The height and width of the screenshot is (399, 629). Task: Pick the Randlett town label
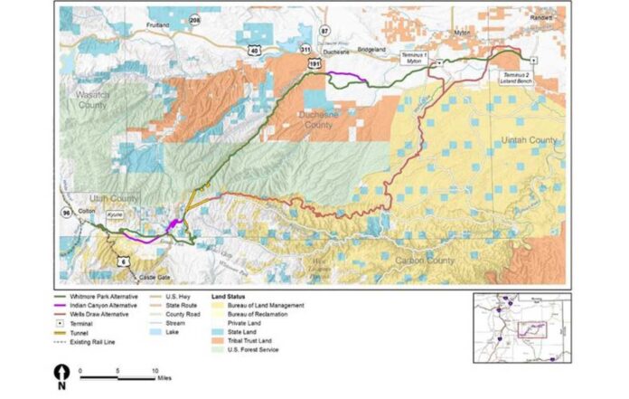(x=541, y=17)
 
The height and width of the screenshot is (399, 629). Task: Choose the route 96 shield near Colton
(x=67, y=213)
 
